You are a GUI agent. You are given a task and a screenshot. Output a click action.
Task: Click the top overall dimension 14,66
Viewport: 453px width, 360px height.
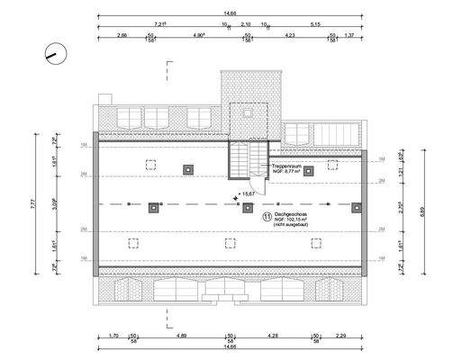[x=231, y=13]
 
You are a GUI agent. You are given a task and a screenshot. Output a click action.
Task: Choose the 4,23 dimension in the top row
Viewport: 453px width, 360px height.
[x=290, y=35]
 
